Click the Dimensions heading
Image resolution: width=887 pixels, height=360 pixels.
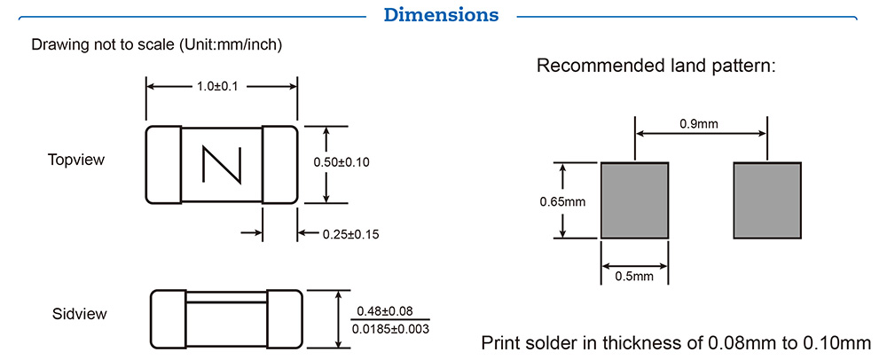pyautogui.click(x=441, y=15)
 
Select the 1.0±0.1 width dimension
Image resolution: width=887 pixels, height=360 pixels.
pyautogui.click(x=221, y=86)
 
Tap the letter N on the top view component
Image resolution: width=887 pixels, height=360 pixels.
pyautogui.click(x=221, y=165)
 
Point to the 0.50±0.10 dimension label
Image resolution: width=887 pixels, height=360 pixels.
pyautogui.click(x=341, y=162)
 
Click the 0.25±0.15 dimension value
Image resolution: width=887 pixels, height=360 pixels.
pyautogui.click(x=349, y=234)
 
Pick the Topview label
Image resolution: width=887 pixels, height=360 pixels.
pyautogui.click(x=76, y=160)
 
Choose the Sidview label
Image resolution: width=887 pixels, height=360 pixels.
pyautogui.click(x=80, y=314)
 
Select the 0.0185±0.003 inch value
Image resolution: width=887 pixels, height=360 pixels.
pyautogui.click(x=391, y=329)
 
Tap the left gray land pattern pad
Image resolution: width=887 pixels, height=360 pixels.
pyautogui.click(x=634, y=200)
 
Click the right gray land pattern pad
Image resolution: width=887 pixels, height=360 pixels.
pyautogui.click(x=767, y=200)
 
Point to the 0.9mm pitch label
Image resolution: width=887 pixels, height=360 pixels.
pyautogui.click(x=700, y=124)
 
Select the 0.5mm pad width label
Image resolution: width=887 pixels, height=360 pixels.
pyautogui.click(x=634, y=277)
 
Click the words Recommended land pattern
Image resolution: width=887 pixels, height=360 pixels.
pyautogui.click(x=656, y=66)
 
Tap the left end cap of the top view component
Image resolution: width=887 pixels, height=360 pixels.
pyautogui.click(x=163, y=165)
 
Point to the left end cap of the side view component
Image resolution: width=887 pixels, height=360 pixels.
pyautogui.click(x=166, y=319)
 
